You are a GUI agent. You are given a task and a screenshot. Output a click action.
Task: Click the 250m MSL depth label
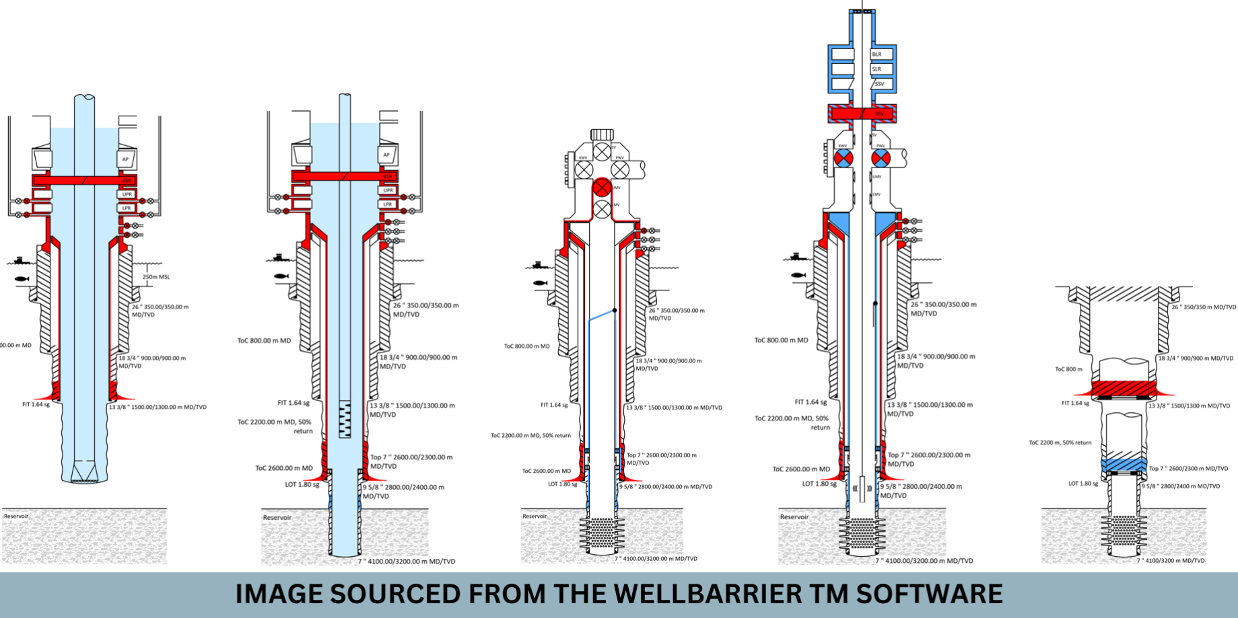click(x=156, y=276)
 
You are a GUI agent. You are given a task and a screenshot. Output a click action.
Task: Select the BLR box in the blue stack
click(x=883, y=54)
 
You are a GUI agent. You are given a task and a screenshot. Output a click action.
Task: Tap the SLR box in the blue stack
click(x=883, y=69)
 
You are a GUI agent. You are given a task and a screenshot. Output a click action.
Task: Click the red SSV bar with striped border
click(x=862, y=113)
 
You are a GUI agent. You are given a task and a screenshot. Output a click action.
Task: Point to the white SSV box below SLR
click(x=882, y=84)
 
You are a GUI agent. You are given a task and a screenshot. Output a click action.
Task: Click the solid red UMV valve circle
click(x=602, y=188)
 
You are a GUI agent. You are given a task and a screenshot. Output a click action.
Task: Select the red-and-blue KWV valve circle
click(x=844, y=159)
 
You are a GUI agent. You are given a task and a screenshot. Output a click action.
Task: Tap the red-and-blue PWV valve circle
click(x=881, y=159)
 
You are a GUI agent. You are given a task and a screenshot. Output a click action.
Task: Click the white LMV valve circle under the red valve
click(x=602, y=208)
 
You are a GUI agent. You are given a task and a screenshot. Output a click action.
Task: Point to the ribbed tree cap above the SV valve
click(x=602, y=134)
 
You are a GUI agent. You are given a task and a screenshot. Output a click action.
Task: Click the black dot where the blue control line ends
click(x=615, y=310)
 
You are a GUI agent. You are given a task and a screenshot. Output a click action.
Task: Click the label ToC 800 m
click(x=1068, y=369)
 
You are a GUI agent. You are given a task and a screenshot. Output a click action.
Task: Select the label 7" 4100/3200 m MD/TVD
click(x=1171, y=560)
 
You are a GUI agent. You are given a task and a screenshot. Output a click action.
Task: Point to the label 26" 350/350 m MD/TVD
click(x=1203, y=307)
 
